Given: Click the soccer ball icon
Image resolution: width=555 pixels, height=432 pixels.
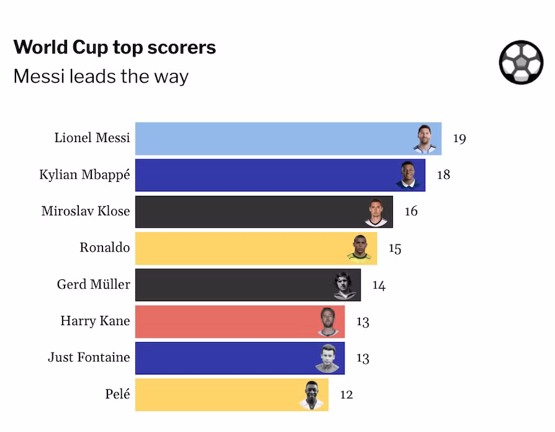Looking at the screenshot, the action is click(x=521, y=62).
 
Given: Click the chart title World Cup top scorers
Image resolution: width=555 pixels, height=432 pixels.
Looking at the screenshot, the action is click(x=115, y=47).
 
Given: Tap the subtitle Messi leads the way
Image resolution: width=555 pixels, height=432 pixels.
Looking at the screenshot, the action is click(x=101, y=76).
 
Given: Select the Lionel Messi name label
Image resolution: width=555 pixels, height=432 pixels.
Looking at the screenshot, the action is click(x=92, y=138).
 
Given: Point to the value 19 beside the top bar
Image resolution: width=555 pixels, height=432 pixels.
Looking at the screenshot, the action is click(x=459, y=138).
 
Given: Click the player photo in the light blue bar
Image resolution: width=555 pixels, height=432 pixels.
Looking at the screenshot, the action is click(x=425, y=139).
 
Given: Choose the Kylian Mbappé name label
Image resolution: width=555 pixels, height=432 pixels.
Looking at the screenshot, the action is click(x=84, y=175).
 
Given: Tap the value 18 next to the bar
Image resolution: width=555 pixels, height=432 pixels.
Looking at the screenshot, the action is click(x=443, y=175).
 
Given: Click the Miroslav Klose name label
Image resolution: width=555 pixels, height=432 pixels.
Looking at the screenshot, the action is click(x=86, y=211).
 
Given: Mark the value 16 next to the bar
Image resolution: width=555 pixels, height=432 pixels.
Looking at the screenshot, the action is click(x=411, y=211).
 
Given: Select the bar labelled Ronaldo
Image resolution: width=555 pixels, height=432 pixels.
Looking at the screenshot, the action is click(x=256, y=248).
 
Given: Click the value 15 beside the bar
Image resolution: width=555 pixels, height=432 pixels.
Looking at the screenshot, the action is click(x=395, y=248).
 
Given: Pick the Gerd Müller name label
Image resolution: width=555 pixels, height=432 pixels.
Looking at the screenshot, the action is click(x=94, y=284).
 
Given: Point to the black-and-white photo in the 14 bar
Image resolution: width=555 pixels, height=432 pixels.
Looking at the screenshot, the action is click(x=345, y=286).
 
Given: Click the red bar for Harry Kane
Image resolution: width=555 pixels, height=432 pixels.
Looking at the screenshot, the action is click(x=240, y=322).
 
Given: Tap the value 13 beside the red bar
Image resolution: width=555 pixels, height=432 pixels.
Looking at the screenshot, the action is click(x=363, y=322).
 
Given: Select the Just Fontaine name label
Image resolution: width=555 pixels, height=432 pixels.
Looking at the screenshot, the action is click(x=89, y=357).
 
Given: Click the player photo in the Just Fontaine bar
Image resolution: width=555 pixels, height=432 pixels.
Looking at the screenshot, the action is click(x=328, y=358).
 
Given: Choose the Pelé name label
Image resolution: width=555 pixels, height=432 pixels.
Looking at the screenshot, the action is click(x=117, y=394).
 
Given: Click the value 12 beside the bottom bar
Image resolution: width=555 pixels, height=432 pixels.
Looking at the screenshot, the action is click(x=346, y=395).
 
